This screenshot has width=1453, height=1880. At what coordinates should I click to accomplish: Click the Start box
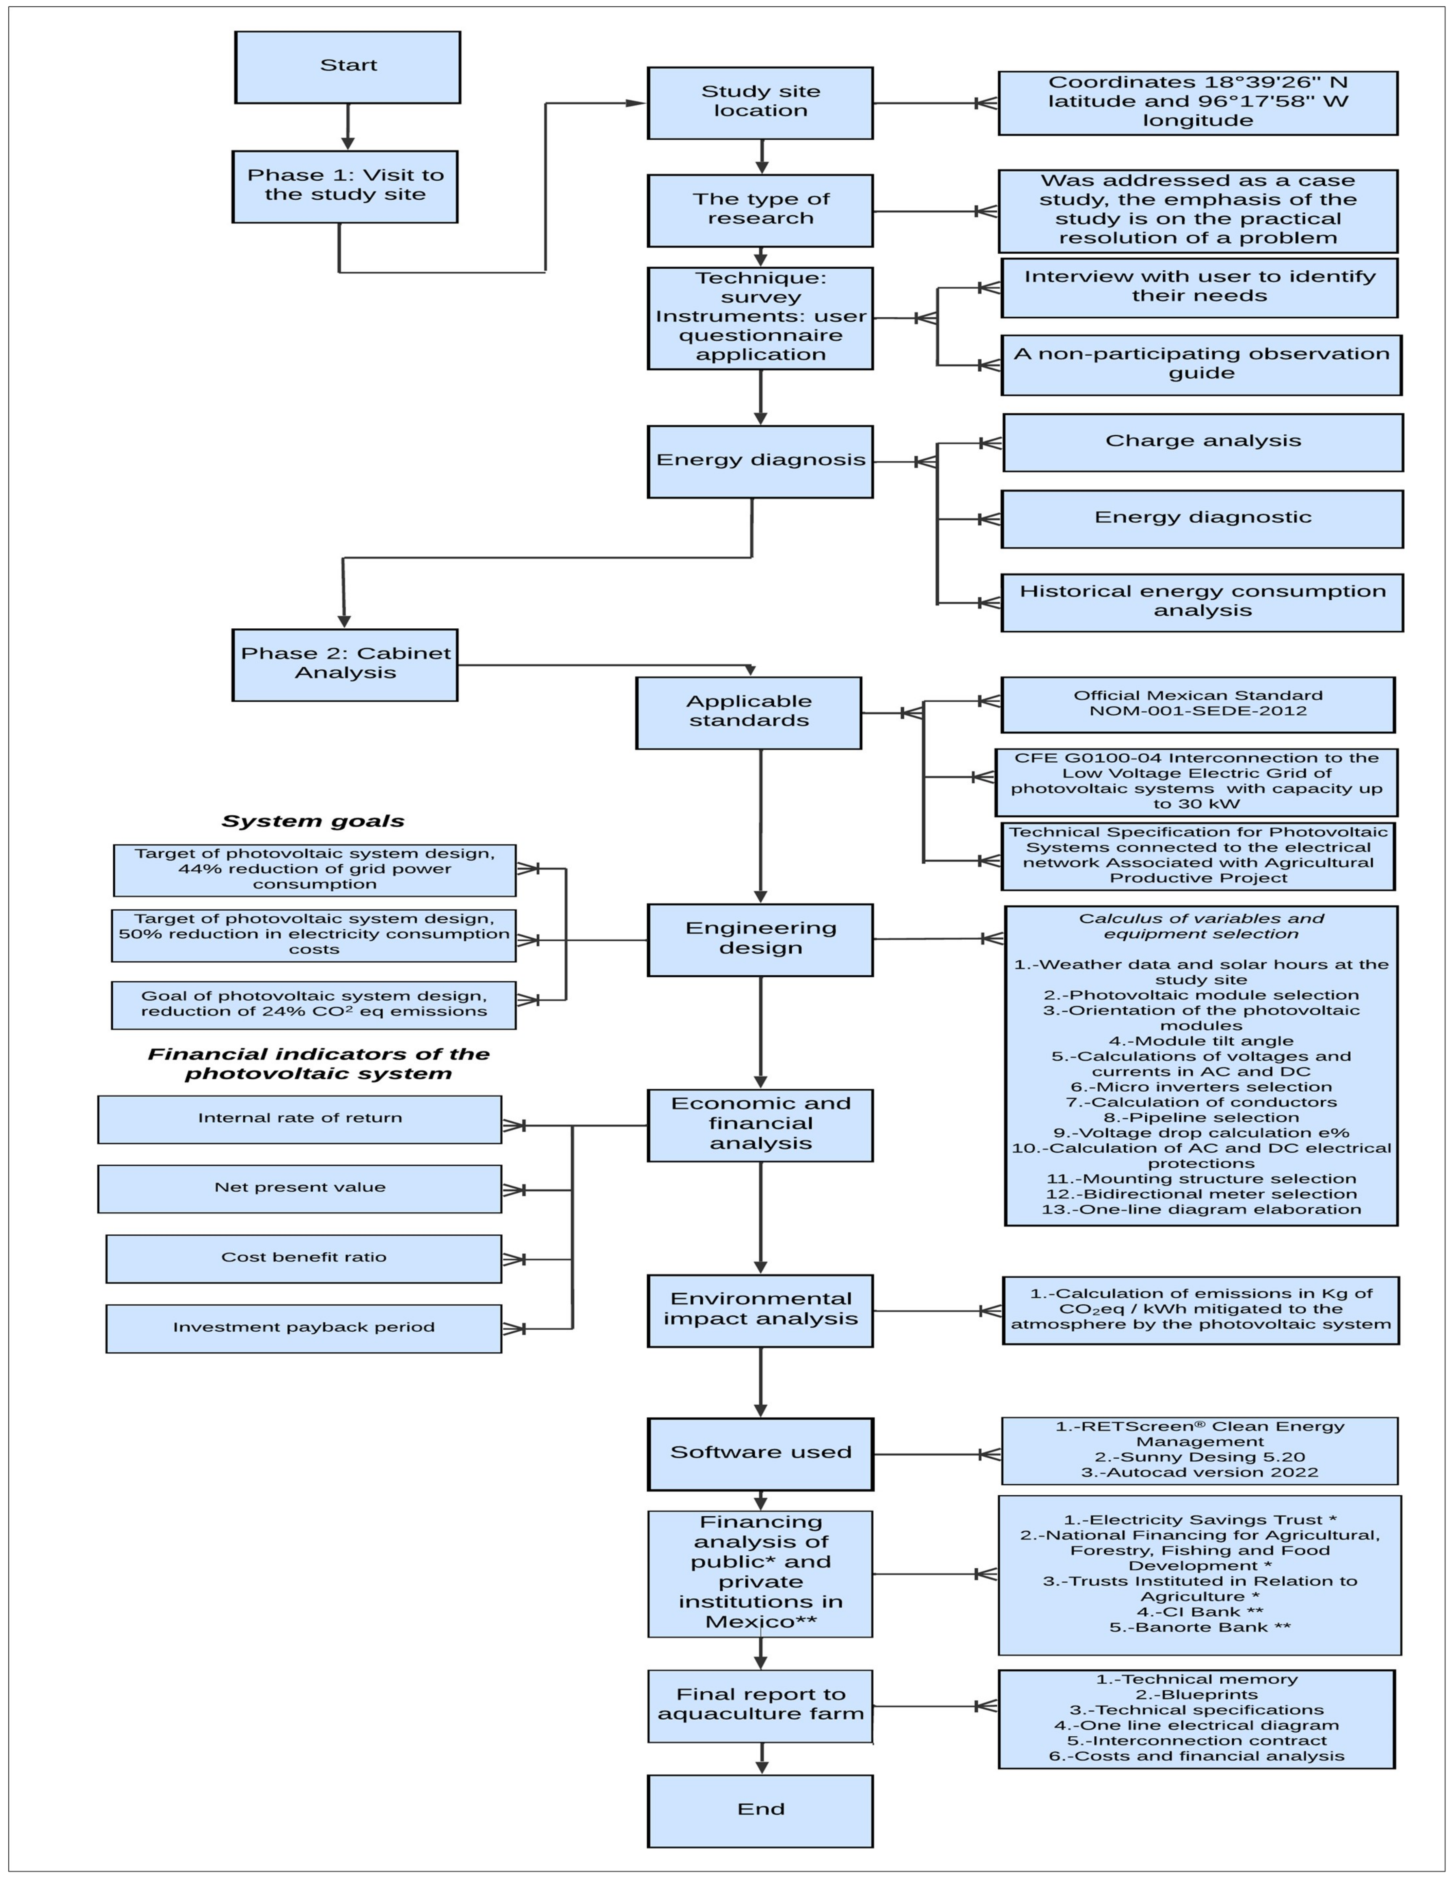click(348, 67)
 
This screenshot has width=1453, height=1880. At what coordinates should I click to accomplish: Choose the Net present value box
click(300, 1189)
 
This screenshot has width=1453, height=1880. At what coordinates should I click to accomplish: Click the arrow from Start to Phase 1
click(348, 127)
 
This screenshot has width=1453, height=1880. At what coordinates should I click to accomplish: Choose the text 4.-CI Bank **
click(1200, 1611)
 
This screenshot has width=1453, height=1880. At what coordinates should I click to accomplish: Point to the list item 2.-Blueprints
click(1196, 1694)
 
